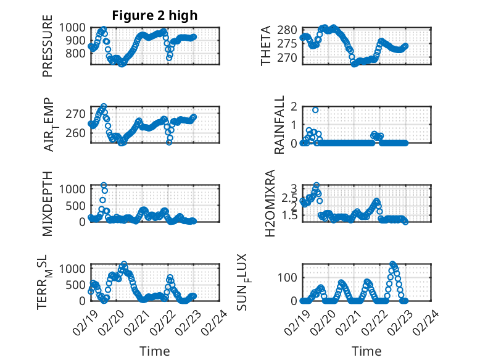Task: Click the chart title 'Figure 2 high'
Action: click(154, 15)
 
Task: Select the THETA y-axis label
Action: click(266, 46)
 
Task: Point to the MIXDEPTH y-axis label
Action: click(48, 203)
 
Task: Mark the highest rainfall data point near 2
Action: click(315, 110)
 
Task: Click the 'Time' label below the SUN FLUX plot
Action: click(366, 351)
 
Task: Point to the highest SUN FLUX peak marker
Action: click(393, 264)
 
